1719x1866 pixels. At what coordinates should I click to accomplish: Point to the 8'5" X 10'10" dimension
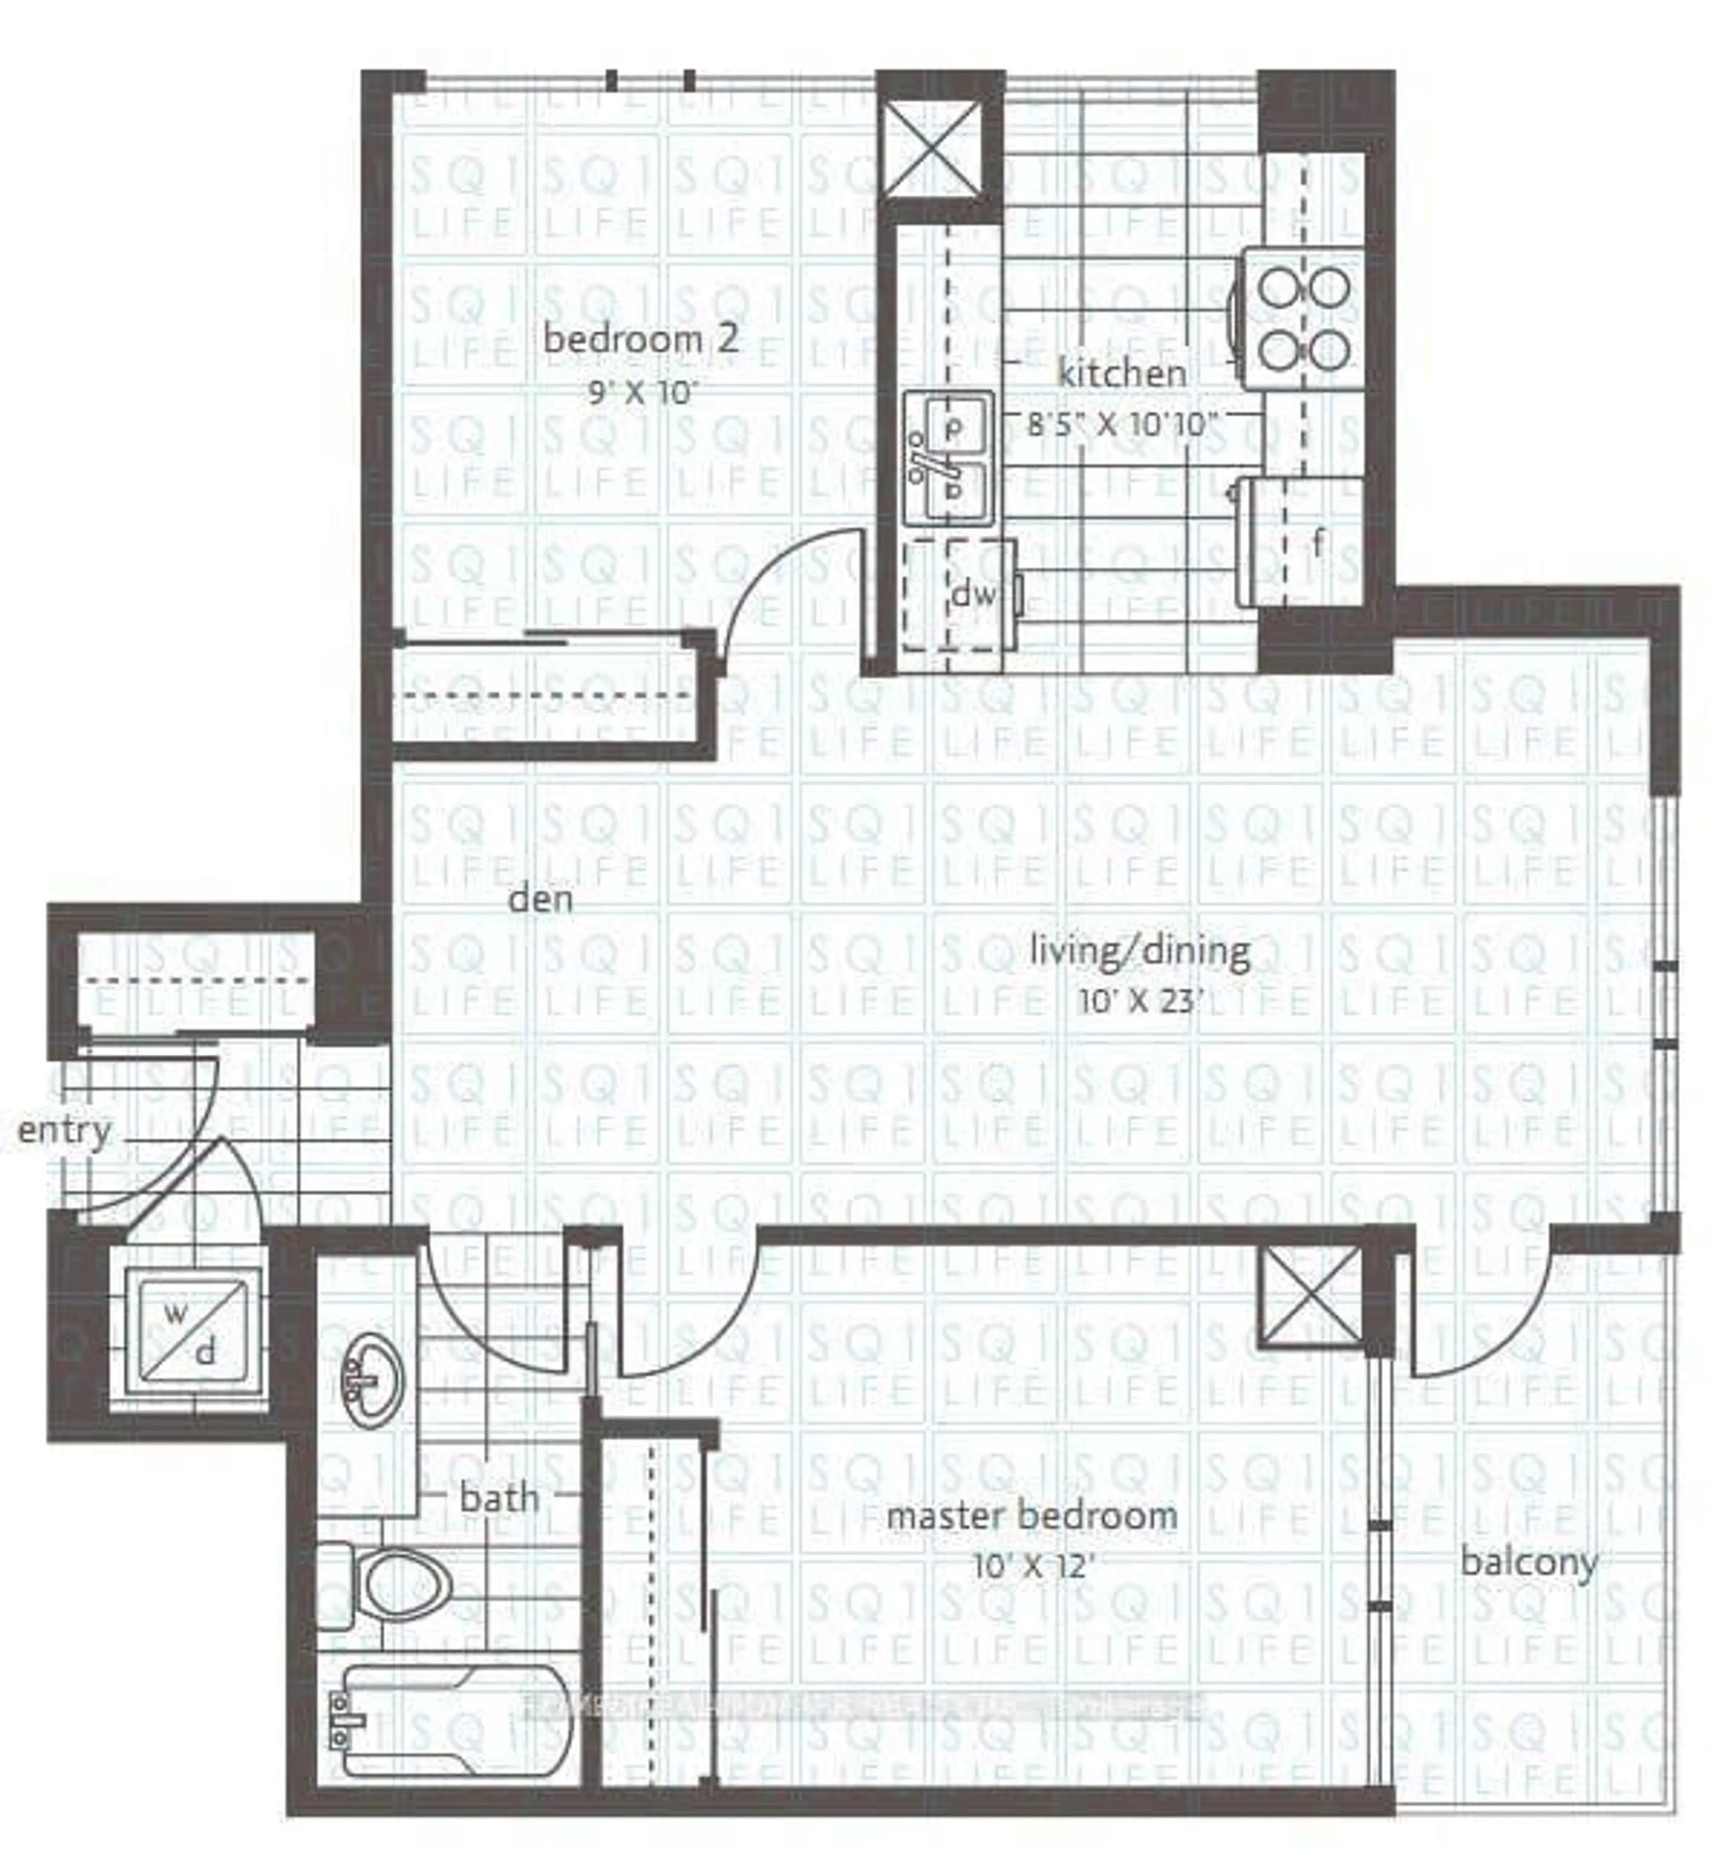tap(1122, 425)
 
